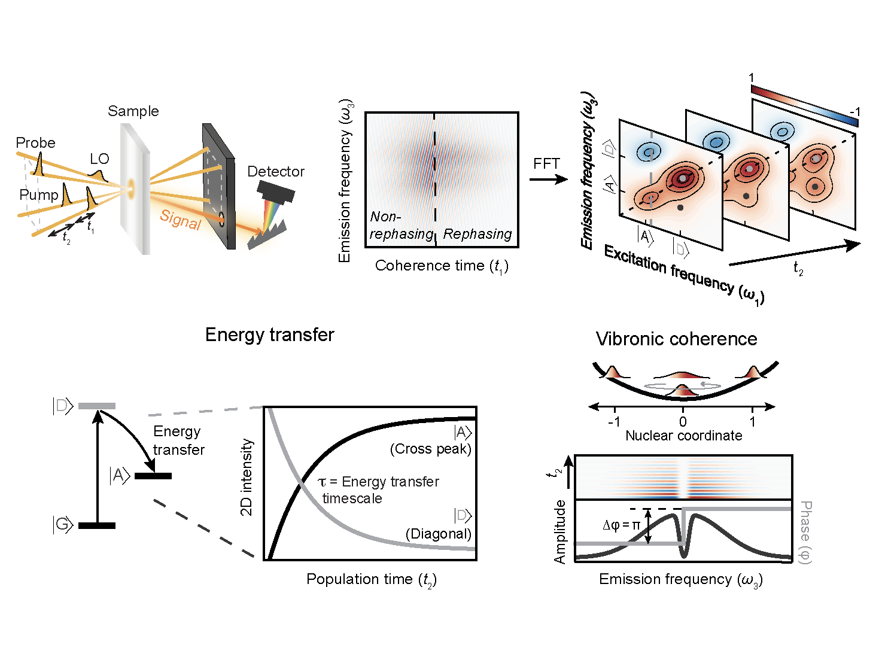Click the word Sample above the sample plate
click(133, 111)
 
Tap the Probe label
click(35, 143)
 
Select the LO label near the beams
click(99, 159)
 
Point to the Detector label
click(276, 172)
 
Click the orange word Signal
click(180, 220)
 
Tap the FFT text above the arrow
click(546, 164)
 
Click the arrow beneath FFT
click(548, 179)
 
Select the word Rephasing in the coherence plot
click(477, 234)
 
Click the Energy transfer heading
click(269, 334)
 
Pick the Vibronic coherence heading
click(676, 339)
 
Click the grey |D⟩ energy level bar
click(97, 406)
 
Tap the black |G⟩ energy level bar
click(97, 525)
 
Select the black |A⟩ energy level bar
click(153, 476)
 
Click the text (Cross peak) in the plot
click(430, 449)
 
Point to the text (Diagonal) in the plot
click(438, 534)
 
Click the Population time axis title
click(371, 579)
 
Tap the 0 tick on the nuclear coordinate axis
click(683, 422)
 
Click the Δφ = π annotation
click(621, 525)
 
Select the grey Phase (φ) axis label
click(805, 532)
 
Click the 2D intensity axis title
click(246, 477)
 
